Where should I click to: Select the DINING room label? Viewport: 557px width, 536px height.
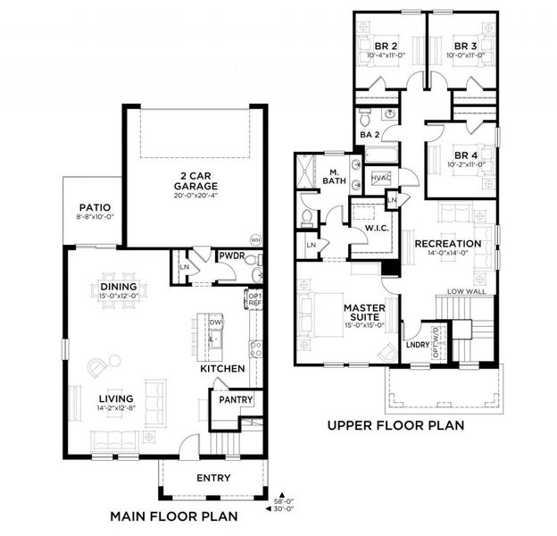click(x=118, y=287)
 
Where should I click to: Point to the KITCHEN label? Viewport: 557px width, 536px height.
click(x=221, y=367)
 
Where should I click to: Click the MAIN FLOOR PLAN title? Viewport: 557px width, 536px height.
click(x=173, y=515)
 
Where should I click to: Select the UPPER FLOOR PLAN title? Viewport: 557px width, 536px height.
click(x=395, y=426)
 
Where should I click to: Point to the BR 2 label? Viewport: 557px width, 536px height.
click(x=387, y=46)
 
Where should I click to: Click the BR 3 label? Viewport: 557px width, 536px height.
click(x=463, y=46)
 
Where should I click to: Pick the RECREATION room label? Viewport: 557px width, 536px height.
click(x=447, y=243)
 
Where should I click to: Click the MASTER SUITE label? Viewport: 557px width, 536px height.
click(x=364, y=313)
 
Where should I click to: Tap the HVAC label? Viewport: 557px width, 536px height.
click(x=380, y=179)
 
